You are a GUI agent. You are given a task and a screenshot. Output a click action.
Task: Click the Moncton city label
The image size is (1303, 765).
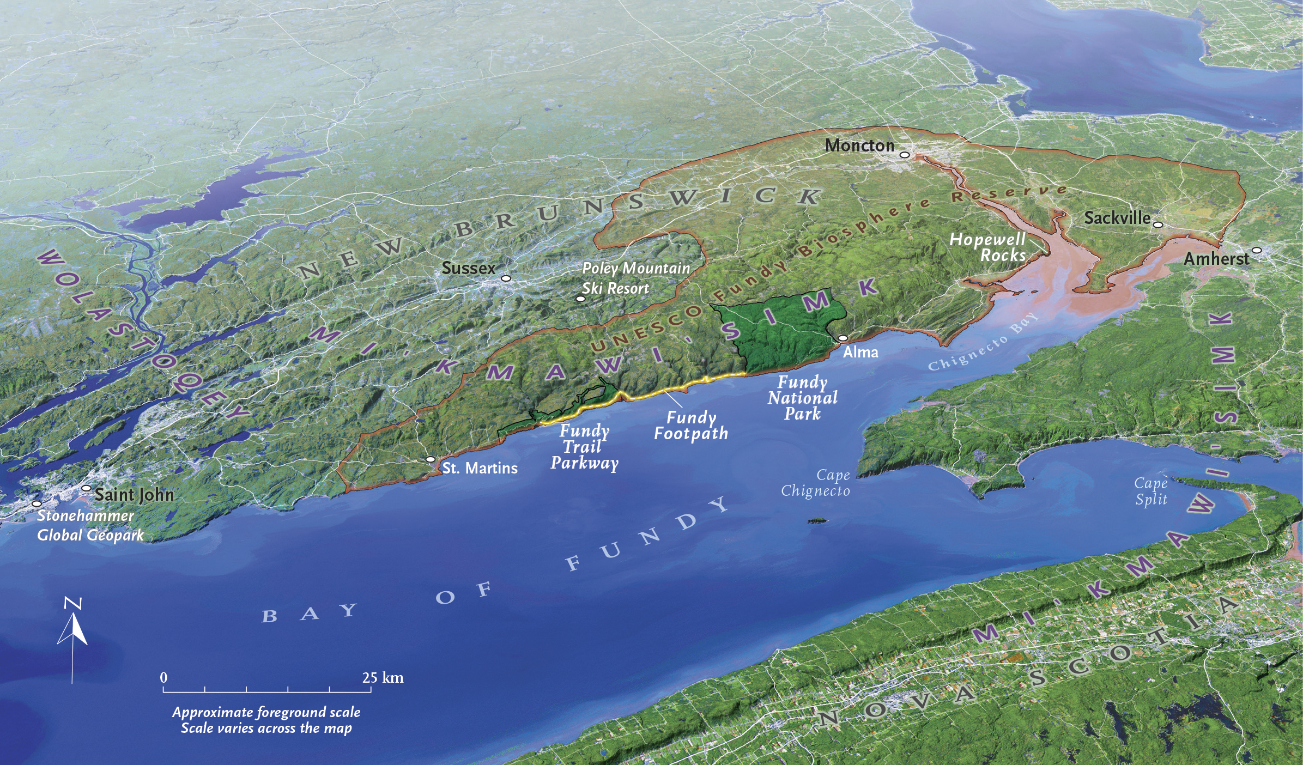click(x=859, y=145)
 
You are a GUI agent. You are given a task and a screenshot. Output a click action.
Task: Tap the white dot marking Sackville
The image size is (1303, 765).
click(x=1158, y=224)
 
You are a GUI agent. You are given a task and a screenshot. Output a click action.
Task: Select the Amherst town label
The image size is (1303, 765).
click(x=1216, y=259)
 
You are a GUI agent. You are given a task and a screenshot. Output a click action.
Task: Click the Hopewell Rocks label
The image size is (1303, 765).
click(x=987, y=247)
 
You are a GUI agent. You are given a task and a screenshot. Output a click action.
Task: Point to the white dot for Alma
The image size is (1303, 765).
click(x=843, y=338)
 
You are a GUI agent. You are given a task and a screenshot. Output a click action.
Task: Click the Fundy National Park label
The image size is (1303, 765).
click(x=802, y=398)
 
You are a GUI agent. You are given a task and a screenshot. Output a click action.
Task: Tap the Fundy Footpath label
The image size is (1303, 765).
click(x=691, y=426)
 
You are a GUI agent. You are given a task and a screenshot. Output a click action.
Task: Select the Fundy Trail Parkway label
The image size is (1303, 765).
click(x=584, y=447)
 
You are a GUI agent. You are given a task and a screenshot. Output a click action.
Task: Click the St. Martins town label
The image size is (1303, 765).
click(x=480, y=468)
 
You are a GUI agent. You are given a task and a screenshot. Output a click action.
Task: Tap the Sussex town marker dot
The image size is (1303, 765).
click(x=506, y=278)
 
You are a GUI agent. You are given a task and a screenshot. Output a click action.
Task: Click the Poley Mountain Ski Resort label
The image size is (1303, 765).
click(x=635, y=278)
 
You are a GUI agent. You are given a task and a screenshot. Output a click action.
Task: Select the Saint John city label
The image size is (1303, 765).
click(x=134, y=495)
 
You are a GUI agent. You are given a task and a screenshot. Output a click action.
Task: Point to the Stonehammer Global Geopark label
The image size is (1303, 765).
click(x=90, y=525)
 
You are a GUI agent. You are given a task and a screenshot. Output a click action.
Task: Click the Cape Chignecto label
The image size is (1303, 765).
click(x=816, y=483)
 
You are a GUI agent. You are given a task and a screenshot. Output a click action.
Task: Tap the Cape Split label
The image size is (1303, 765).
click(x=1151, y=491)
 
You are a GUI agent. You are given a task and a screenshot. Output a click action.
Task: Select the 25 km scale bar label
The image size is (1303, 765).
click(x=383, y=678)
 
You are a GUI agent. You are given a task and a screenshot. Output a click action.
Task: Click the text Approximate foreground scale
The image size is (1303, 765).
click(x=266, y=712)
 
